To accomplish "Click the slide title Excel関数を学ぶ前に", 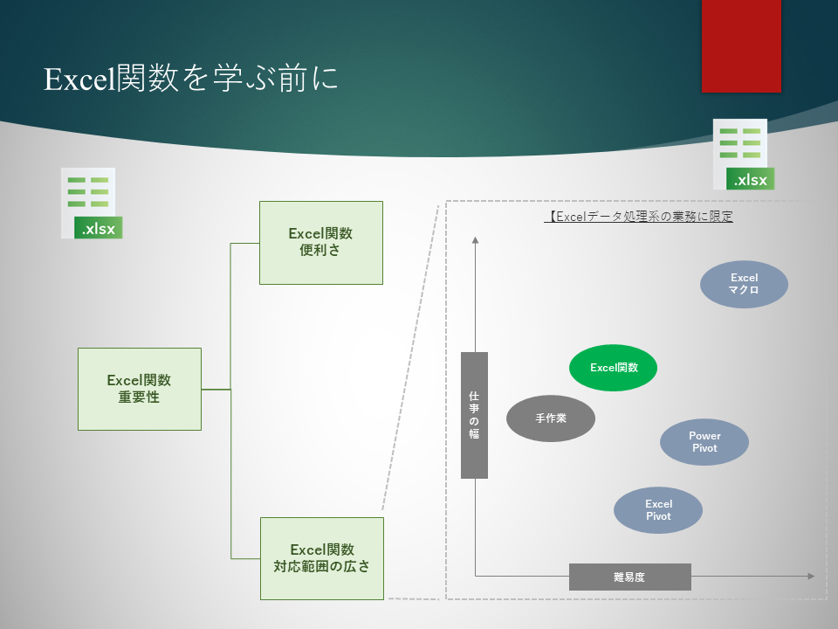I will pyautogui.click(x=190, y=79).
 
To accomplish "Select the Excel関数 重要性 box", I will pyautogui.click(x=140, y=389).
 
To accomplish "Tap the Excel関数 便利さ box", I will pyautogui.click(x=321, y=242).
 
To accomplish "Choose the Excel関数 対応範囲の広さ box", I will pyautogui.click(x=322, y=558).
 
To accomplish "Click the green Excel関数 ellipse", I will pyautogui.click(x=614, y=368).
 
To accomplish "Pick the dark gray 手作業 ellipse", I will pyautogui.click(x=551, y=418).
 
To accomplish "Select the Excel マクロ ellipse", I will pyautogui.click(x=745, y=284).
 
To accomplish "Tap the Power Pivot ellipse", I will pyautogui.click(x=704, y=442).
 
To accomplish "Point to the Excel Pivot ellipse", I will pyautogui.click(x=658, y=510).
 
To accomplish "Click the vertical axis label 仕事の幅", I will pyautogui.click(x=474, y=415).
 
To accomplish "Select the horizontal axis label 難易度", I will pyautogui.click(x=629, y=577).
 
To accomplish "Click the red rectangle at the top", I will pyautogui.click(x=742, y=45).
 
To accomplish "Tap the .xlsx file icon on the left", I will pyautogui.click(x=92, y=204).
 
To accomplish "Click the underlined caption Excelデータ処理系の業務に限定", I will pyautogui.click(x=638, y=216).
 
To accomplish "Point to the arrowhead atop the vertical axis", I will pyautogui.click(x=476, y=240).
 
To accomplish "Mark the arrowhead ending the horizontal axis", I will pyautogui.click(x=811, y=576).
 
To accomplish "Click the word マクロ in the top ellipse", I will pyautogui.click(x=745, y=290).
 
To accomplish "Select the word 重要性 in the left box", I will pyautogui.click(x=140, y=397).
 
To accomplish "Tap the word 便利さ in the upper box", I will pyautogui.click(x=321, y=251).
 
